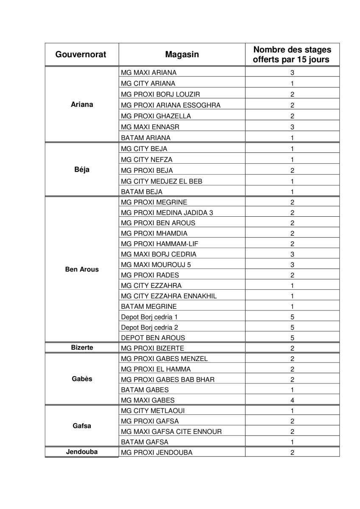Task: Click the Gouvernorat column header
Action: (81, 55)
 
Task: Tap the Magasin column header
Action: (181, 55)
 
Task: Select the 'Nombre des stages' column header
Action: (292, 55)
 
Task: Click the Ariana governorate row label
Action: (82, 105)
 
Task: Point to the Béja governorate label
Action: (82, 170)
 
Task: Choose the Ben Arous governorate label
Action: (82, 269)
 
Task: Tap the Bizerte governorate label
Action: (82, 347)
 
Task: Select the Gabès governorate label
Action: (82, 379)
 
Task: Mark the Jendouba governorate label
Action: (82, 452)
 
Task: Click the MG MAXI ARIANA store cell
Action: (149, 73)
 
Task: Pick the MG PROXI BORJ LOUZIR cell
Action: (160, 94)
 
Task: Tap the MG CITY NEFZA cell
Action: (147, 159)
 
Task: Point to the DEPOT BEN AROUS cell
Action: (153, 338)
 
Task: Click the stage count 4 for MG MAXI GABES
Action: (292, 400)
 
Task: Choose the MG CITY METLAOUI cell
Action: (153, 411)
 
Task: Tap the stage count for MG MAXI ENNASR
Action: (292, 127)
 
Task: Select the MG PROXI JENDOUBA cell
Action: (156, 453)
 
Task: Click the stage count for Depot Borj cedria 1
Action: (292, 317)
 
